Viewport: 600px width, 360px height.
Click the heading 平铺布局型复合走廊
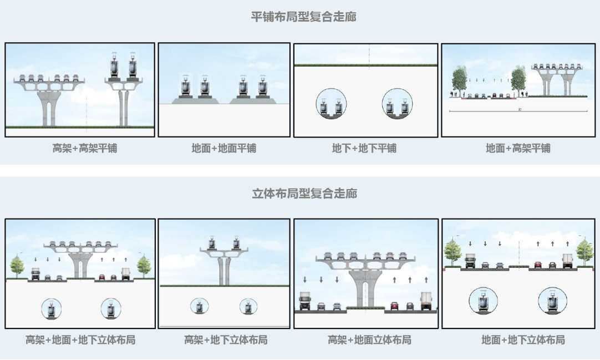[303, 17]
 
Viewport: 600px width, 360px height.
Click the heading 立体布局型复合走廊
[304, 193]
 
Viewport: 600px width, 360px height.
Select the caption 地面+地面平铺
[223, 148]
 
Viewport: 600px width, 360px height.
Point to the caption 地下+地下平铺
[364, 148]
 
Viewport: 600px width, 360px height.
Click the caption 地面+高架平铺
[518, 148]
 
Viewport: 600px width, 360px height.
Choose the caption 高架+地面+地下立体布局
[80, 339]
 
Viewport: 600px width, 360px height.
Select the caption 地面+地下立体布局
[522, 339]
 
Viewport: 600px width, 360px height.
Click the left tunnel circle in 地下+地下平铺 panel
[331, 104]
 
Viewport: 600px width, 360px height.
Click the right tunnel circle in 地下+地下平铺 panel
[398, 104]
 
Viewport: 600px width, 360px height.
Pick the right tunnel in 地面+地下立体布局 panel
[552, 301]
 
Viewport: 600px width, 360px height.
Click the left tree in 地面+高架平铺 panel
[460, 79]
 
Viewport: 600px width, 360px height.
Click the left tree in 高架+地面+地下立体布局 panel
[18, 265]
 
